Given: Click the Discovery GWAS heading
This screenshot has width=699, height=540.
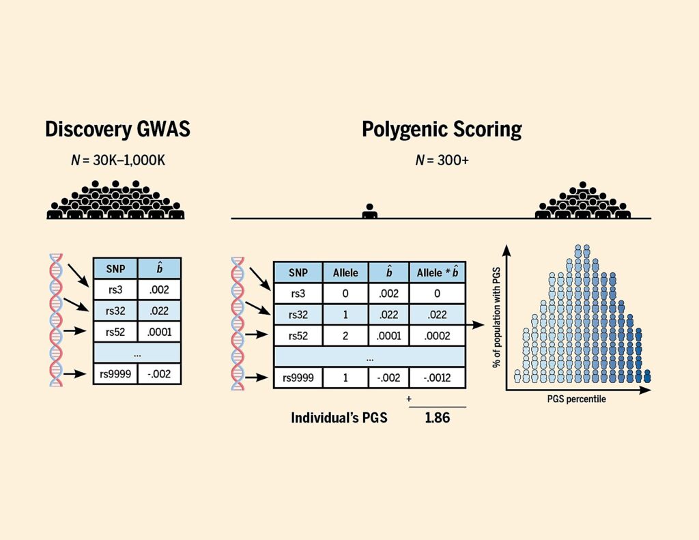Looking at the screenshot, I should pos(117,130).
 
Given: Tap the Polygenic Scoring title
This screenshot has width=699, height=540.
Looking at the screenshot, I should pos(442,129).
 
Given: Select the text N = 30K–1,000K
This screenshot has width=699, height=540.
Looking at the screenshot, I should pos(117,162).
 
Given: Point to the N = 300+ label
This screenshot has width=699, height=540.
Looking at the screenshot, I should pos(441,162).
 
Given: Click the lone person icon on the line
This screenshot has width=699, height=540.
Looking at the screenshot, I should pos(370,210).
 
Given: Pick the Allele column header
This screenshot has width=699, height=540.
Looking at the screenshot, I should pos(345,272).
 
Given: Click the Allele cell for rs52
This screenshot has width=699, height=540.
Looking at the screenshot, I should pos(345,335).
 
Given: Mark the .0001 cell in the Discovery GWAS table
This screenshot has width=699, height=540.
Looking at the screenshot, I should pos(159,332).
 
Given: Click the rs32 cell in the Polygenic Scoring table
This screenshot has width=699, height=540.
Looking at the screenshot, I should pos(298,314).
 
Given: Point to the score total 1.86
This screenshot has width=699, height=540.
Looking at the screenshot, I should pos(437,418).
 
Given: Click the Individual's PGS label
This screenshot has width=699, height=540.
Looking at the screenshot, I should pos(339,418).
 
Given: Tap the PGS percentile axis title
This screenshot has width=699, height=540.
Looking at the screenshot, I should pos(575,399).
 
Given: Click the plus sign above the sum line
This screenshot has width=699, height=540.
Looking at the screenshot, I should pos(409,397).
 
